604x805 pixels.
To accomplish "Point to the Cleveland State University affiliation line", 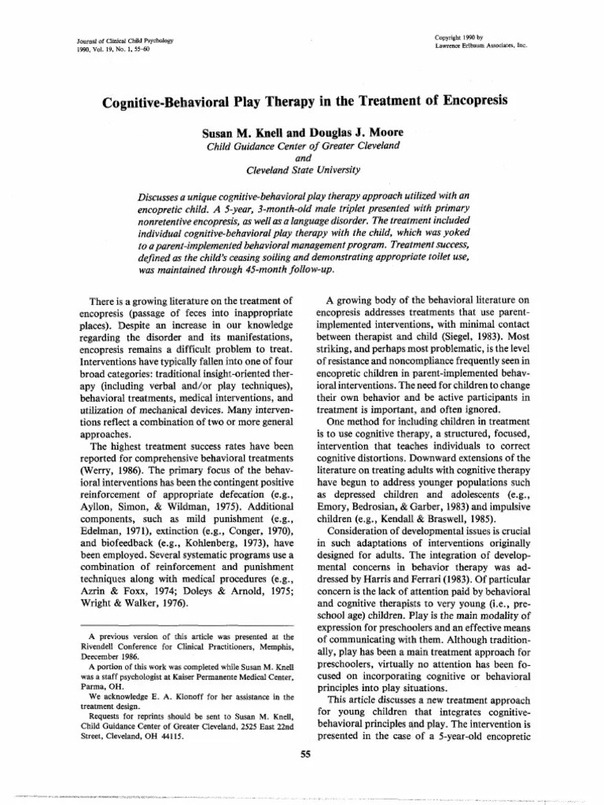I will (x=303, y=169).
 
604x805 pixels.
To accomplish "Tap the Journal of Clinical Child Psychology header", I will (x=109, y=39).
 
